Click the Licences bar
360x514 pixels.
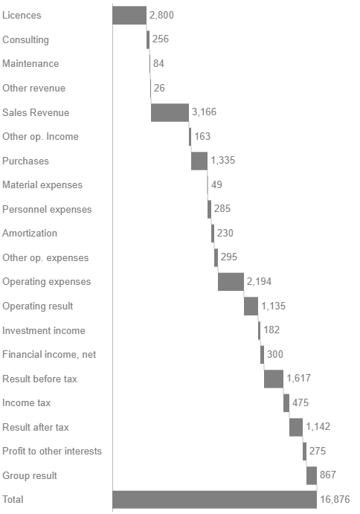[129, 15]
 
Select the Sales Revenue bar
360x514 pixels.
[170, 112]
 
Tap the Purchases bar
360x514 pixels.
[199, 161]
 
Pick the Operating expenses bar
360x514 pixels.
[231, 282]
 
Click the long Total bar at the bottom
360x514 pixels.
[214, 499]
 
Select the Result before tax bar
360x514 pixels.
[273, 379]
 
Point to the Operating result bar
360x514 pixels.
[251, 306]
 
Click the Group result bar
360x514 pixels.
[312, 475]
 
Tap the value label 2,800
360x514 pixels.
[163, 15]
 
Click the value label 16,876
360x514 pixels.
[335, 499]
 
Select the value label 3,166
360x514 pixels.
[204, 112]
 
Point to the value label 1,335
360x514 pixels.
[223, 161]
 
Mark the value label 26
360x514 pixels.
[158, 88]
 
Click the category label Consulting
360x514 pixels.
[25, 39]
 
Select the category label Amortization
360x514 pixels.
[30, 233]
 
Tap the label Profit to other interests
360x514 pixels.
[52, 451]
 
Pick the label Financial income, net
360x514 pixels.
[49, 354]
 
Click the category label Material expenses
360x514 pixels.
[42, 184]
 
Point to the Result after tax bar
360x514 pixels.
[295, 427]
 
